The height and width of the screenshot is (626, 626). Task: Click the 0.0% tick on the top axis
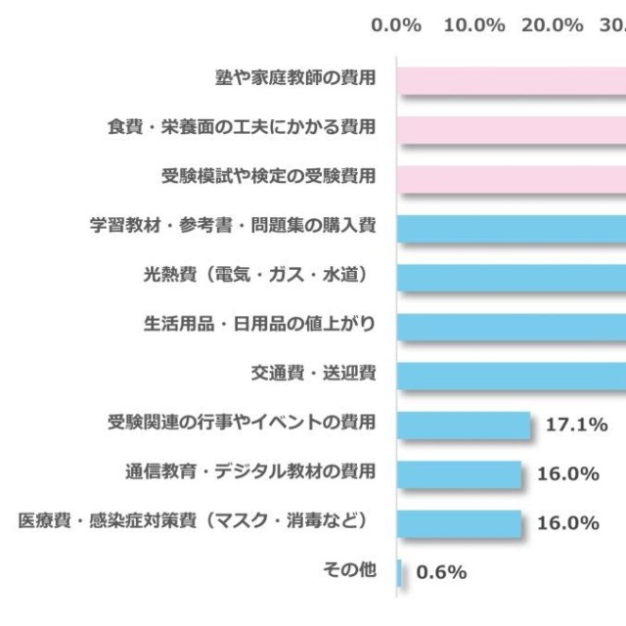(396, 25)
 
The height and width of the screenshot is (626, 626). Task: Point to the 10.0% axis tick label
(474, 25)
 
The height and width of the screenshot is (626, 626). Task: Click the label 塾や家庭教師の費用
(294, 76)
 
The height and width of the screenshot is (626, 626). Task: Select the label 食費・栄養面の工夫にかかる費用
(241, 127)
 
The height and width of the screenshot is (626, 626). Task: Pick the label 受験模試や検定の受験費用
(268, 177)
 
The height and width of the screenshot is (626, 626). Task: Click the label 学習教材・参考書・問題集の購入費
(232, 226)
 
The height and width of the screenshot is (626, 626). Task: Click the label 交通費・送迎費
(312, 374)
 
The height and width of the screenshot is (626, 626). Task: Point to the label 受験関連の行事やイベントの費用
(241, 424)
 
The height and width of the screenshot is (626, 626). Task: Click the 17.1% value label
(577, 425)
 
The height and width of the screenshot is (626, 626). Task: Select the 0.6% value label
(441, 572)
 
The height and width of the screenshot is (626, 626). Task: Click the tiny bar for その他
(400, 572)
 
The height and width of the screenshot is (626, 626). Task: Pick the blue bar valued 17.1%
(463, 425)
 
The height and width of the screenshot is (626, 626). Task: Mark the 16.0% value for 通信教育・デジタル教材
(568, 473)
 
